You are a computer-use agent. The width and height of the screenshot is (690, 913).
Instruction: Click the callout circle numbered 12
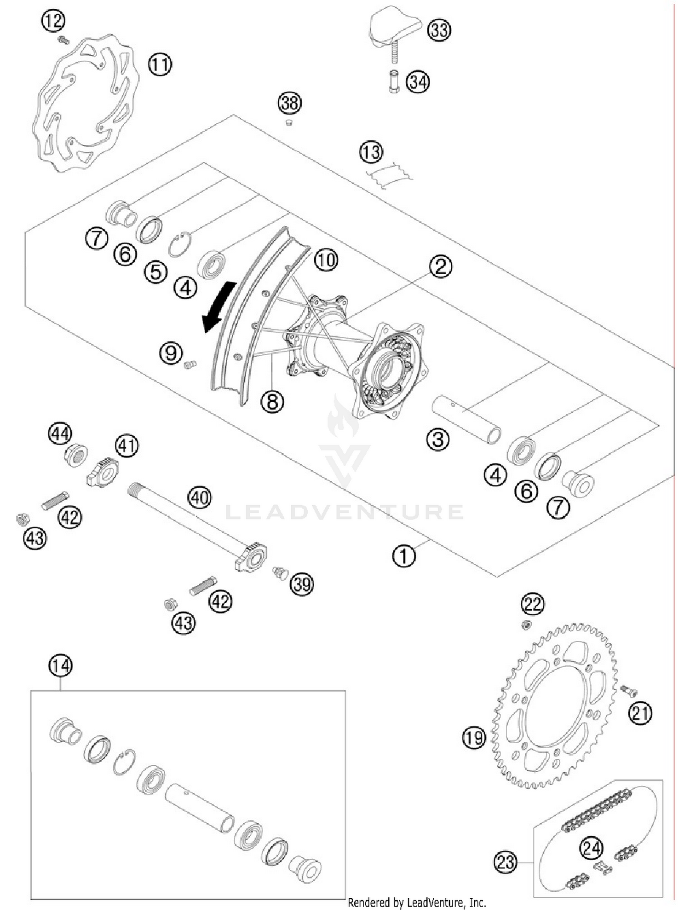[x=53, y=21]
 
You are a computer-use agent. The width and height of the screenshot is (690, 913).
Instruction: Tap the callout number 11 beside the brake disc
[x=160, y=65]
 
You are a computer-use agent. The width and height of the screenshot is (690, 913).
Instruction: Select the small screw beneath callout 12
[x=63, y=40]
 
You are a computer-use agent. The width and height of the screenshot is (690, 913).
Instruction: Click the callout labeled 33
[x=439, y=30]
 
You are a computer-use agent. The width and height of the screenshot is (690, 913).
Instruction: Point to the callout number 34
[x=418, y=82]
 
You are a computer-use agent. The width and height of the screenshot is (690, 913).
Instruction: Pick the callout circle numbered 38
[x=290, y=103]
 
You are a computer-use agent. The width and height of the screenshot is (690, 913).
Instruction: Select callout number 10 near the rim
[x=326, y=260]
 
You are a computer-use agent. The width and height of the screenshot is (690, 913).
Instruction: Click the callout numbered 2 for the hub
[x=440, y=266]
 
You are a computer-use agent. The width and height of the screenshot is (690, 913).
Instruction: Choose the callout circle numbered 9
[x=171, y=353]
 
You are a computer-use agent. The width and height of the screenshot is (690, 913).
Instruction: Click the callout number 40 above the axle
[x=200, y=498]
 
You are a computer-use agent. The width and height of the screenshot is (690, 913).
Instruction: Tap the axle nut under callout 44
[x=76, y=456]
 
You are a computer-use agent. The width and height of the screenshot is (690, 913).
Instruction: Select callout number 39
[x=301, y=584]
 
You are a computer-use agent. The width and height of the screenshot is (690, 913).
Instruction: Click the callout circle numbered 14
[x=61, y=666]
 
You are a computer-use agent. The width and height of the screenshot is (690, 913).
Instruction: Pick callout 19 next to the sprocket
[x=474, y=738]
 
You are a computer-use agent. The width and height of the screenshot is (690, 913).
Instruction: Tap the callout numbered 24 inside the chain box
[x=591, y=848]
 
